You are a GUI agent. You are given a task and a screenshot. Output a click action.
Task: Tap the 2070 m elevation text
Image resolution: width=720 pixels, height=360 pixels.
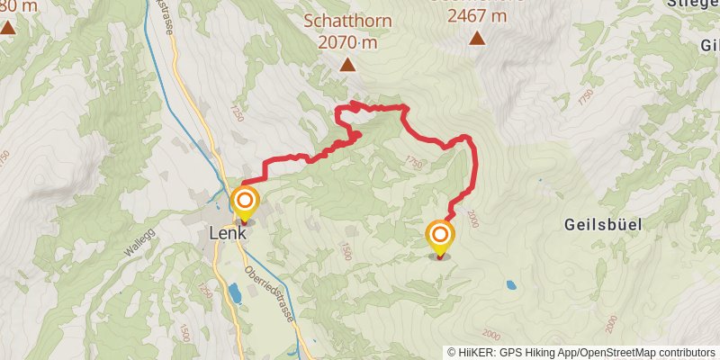click(x=346, y=41)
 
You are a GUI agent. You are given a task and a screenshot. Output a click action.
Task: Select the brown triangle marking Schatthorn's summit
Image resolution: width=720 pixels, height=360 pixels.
click(x=347, y=64)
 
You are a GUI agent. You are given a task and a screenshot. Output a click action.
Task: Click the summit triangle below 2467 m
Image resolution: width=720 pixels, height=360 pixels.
click(x=476, y=39)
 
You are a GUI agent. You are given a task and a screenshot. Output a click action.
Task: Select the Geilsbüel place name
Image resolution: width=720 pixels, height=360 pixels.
click(x=603, y=224)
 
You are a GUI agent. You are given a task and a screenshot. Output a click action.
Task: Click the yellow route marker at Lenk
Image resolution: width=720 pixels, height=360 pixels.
click(x=244, y=202)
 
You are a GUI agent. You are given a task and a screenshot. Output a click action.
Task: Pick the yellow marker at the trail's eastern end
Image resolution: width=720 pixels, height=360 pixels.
click(x=440, y=236)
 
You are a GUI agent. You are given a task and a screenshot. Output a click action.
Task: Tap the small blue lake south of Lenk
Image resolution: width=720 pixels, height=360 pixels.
click(x=235, y=292)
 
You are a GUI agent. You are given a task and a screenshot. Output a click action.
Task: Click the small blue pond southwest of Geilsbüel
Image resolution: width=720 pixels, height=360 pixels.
click(x=511, y=285)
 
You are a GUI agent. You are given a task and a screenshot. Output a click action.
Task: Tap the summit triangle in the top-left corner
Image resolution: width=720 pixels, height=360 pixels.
click(x=7, y=27)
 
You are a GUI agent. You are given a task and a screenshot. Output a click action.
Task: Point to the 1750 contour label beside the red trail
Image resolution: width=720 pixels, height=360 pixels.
click(x=413, y=163)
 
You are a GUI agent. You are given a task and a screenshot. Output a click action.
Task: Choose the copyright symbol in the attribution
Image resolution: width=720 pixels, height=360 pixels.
click(x=453, y=352)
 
